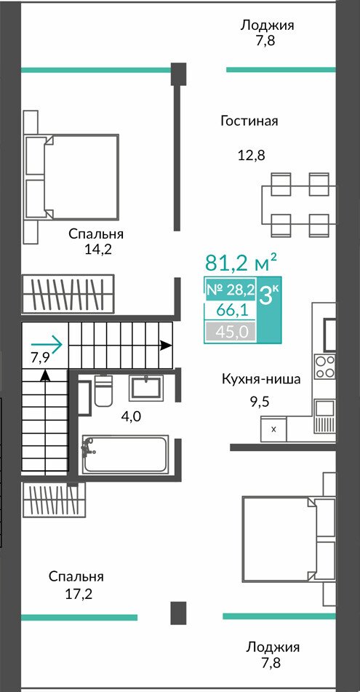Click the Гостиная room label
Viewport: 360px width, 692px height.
click(249, 121)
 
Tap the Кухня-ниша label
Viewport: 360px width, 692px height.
click(261, 379)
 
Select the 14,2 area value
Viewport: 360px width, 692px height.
click(98, 250)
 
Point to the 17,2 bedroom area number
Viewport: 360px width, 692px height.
click(79, 594)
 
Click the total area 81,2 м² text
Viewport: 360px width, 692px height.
click(241, 263)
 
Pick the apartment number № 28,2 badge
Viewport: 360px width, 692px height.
click(231, 290)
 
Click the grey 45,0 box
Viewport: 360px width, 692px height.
click(231, 331)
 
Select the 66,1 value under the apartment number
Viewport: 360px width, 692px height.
click(231, 310)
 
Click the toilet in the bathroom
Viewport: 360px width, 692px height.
click(104, 391)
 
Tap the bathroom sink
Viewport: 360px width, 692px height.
click(146, 389)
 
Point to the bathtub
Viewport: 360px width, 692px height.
click(125, 454)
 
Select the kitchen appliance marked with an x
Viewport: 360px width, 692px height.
click(273, 429)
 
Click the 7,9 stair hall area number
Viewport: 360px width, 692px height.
click(40, 357)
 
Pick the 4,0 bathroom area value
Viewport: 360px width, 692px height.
click(131, 415)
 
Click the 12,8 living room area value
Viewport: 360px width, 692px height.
click(251, 155)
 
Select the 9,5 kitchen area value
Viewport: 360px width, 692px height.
click(260, 402)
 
